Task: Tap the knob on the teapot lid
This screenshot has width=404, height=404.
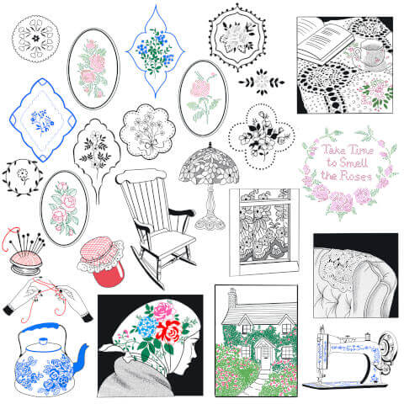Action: pyautogui.click(x=44, y=341)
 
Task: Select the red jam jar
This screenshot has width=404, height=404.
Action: pyautogui.click(x=102, y=262)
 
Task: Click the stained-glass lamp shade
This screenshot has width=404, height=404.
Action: pyautogui.click(x=209, y=165)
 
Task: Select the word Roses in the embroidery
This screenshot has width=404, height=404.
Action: pyautogui.click(x=355, y=176)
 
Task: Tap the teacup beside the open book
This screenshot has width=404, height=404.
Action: pyautogui.click(x=369, y=53)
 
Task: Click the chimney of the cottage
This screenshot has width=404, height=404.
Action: pyautogui.click(x=232, y=298)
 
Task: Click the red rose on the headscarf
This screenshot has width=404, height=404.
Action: pyautogui.click(x=168, y=332)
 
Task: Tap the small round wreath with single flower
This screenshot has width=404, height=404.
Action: pyautogui.click(x=23, y=178)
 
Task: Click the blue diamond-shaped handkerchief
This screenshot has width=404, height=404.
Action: pyautogui.click(x=43, y=120)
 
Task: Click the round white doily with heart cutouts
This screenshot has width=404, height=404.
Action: pyautogui.click(x=35, y=39)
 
